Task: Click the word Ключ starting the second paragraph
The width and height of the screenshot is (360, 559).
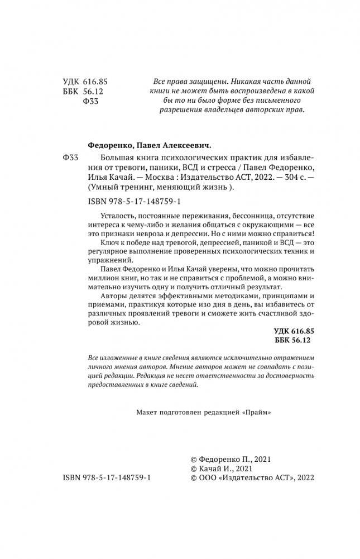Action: pos(108,247)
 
